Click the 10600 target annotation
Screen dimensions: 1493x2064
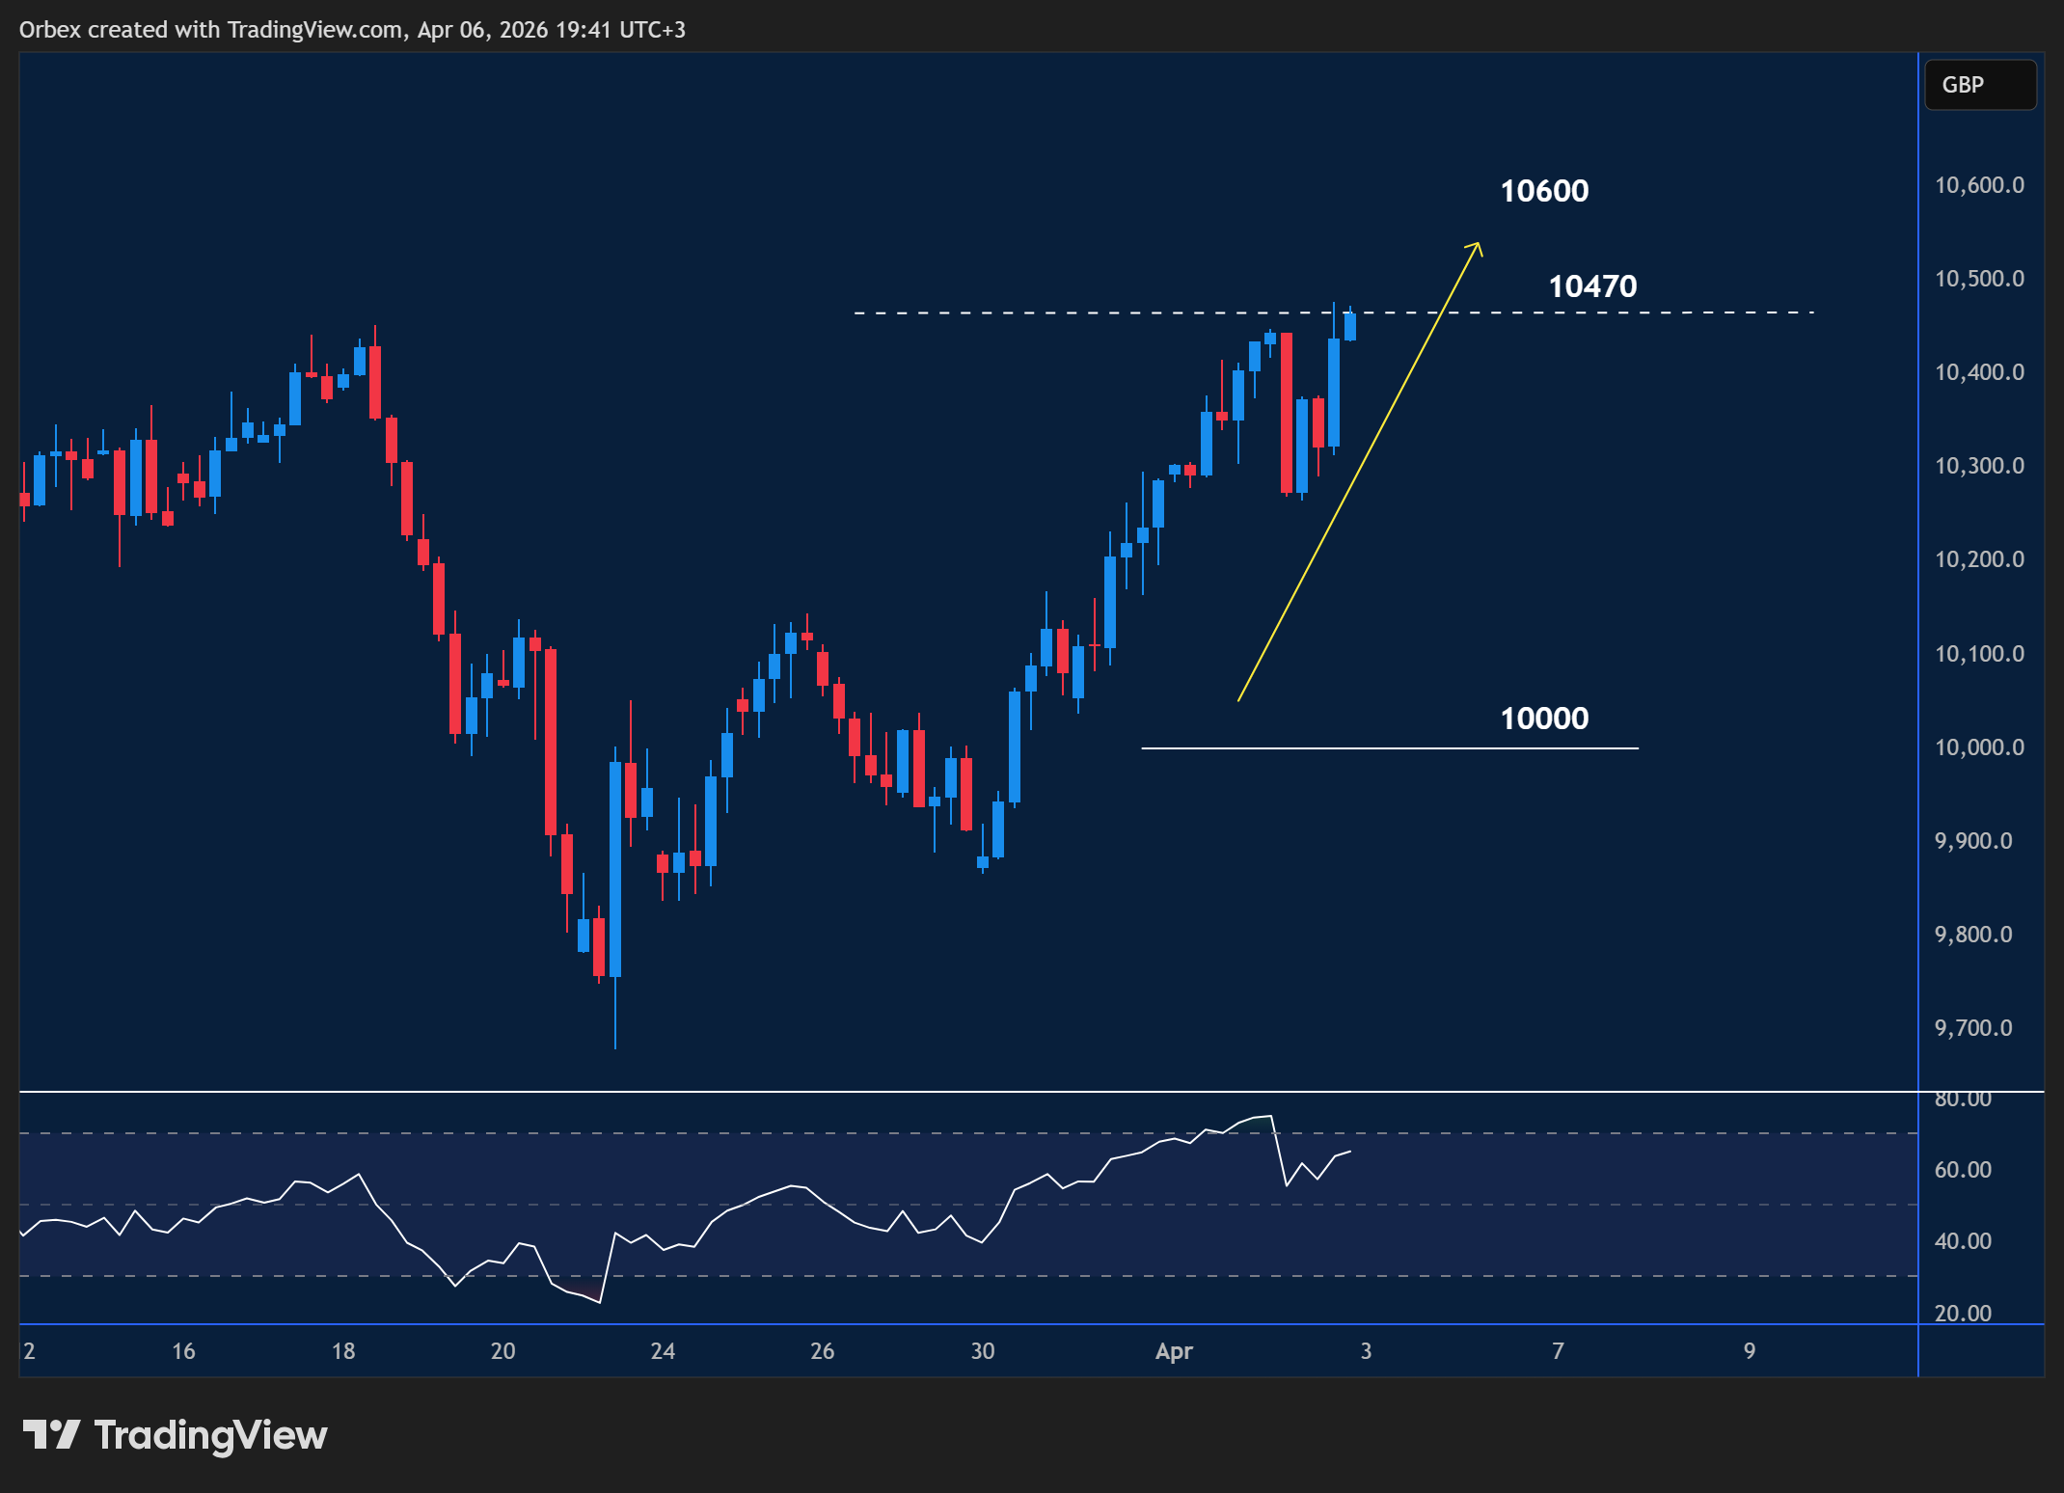(1544, 191)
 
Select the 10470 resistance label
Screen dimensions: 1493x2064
(1592, 286)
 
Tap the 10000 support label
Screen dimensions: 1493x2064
(1544, 719)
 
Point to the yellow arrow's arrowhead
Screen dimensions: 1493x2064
(1477, 246)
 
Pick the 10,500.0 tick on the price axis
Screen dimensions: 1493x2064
(1979, 279)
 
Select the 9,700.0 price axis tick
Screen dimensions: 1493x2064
(1973, 1028)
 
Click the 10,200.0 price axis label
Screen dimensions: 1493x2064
(1979, 559)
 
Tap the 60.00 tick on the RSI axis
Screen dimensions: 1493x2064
(1963, 1170)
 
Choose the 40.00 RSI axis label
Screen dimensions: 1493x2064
(1963, 1241)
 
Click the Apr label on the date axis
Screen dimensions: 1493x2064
(1174, 1351)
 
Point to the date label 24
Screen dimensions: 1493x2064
(663, 1351)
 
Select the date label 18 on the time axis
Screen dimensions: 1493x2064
(343, 1351)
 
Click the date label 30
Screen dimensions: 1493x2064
(982, 1351)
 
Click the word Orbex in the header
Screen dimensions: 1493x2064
(50, 30)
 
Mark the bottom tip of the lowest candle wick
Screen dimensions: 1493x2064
(615, 1047)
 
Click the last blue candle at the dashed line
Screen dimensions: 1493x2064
(1349, 326)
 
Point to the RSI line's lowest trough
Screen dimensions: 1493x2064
(600, 1302)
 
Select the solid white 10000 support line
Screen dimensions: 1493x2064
(1389, 748)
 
